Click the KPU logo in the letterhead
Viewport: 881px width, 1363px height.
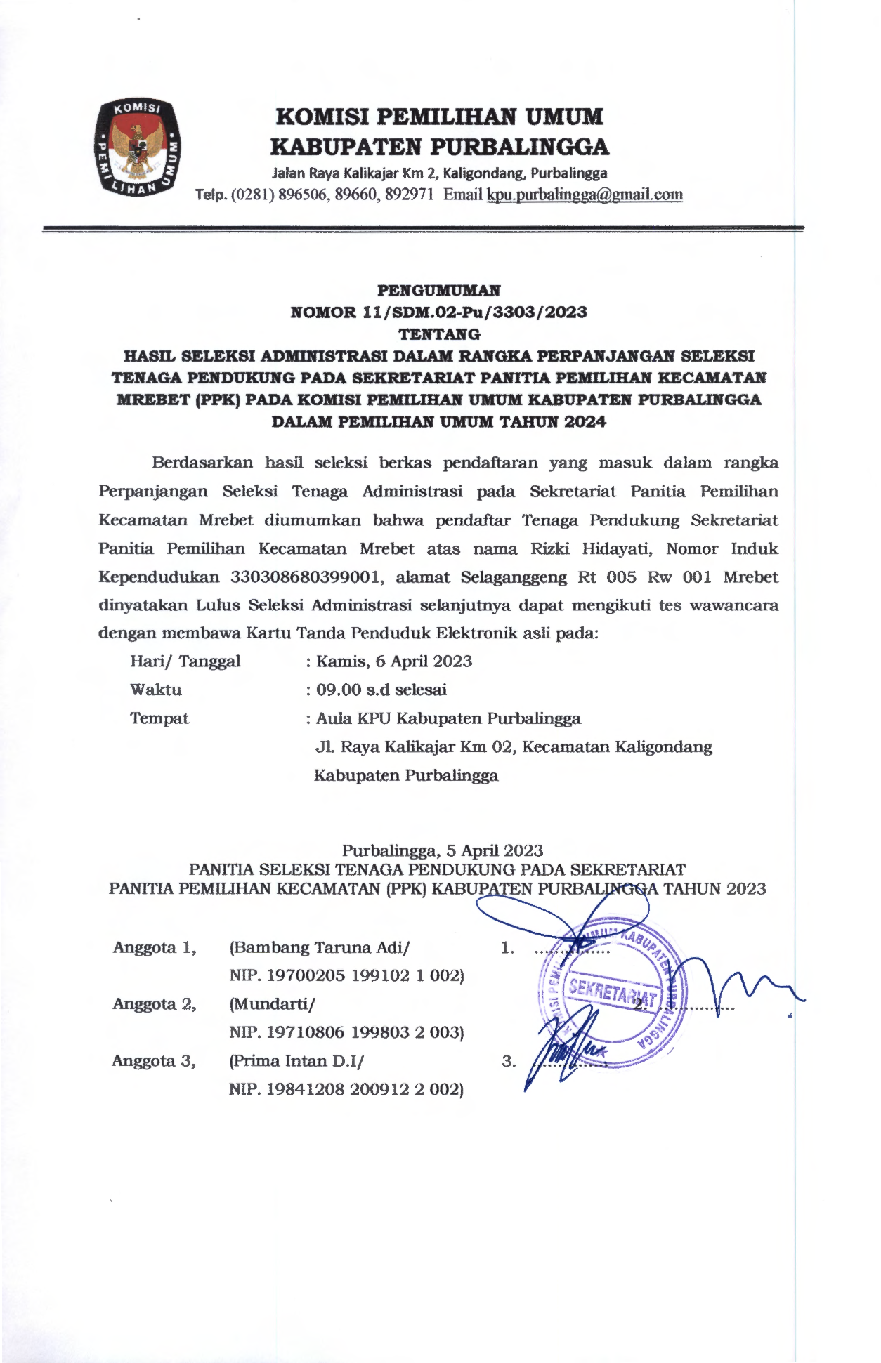tap(138, 147)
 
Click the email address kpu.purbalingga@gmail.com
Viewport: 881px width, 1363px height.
tap(584, 195)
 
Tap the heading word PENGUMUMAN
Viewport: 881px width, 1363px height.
tap(438, 290)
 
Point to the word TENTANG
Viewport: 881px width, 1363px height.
tap(439, 334)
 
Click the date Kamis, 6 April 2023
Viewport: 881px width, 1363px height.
tap(393, 661)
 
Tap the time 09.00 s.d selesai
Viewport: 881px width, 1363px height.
tap(381, 690)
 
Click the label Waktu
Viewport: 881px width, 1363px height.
tap(156, 690)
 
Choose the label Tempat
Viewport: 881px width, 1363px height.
tap(159, 718)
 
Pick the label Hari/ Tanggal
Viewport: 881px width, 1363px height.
tap(185, 661)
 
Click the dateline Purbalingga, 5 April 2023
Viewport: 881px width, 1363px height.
tap(442, 850)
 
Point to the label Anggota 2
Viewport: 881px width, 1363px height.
tap(155, 1004)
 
